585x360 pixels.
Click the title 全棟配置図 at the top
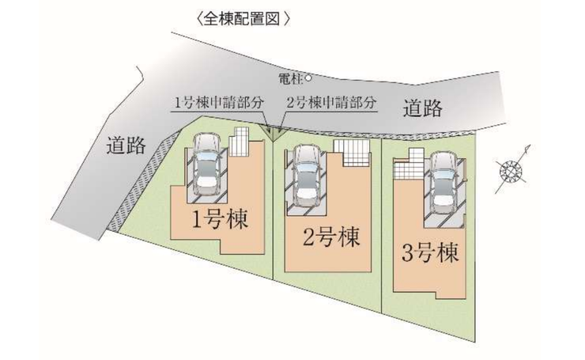pyautogui.click(x=236, y=17)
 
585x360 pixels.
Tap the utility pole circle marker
pyautogui.click(x=308, y=78)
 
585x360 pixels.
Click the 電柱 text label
pyautogui.click(x=290, y=78)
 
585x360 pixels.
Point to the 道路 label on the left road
pyautogui.click(x=126, y=145)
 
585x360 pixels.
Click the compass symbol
pyautogui.click(x=511, y=169)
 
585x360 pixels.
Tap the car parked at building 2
pyautogui.click(x=307, y=175)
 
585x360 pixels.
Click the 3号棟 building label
pyautogui.click(x=430, y=255)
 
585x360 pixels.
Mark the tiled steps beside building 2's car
pyautogui.click(x=350, y=153)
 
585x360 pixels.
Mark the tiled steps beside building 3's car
pyautogui.click(x=409, y=165)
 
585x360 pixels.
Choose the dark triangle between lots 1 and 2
pyautogui.click(x=273, y=135)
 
